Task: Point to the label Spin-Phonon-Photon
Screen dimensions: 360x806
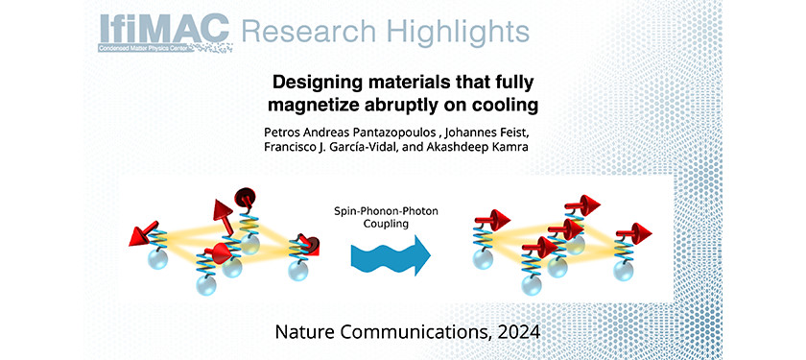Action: pyautogui.click(x=381, y=209)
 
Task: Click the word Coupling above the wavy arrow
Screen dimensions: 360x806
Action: pyautogui.click(x=381, y=225)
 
